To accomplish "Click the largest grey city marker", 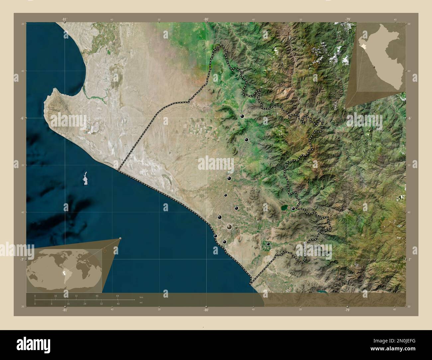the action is (229, 227).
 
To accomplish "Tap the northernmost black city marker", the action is (242, 116).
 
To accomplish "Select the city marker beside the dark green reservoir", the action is (293, 209).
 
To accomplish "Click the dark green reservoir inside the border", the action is (284, 208).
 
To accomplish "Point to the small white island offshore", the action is (85, 178).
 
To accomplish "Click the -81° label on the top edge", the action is (64, 20).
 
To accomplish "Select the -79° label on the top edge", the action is (348, 20).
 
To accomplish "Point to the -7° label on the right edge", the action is (410, 259).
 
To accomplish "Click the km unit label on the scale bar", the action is (141, 297).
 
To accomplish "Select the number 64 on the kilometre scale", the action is (118, 296).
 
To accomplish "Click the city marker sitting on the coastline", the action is (215, 236).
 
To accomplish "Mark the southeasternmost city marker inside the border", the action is (268, 244).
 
